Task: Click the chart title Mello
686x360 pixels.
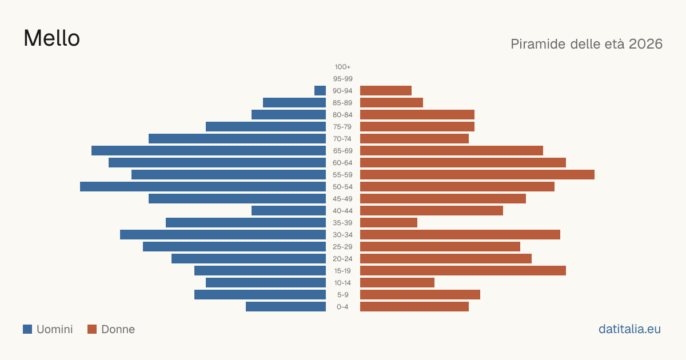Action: (x=52, y=38)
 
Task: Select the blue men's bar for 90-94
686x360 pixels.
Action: (x=320, y=91)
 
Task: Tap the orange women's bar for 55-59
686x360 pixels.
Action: (x=477, y=174)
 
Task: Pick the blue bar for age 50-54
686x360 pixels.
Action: (x=203, y=186)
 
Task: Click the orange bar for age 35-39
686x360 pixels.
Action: (x=389, y=222)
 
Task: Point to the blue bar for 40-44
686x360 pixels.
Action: (x=289, y=211)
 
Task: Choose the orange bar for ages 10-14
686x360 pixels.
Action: (x=397, y=282)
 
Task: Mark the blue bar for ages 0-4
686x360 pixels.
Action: (x=286, y=306)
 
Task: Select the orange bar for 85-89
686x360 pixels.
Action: (x=392, y=102)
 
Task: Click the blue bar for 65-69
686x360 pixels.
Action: (x=209, y=151)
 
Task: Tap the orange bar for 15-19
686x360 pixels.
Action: (x=463, y=271)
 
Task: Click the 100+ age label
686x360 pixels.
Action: (x=342, y=67)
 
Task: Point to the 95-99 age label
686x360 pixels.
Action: (x=342, y=79)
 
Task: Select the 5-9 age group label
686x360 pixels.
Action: (x=342, y=294)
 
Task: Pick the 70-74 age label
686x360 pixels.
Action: (x=342, y=139)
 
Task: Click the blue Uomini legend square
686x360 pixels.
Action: (x=27, y=329)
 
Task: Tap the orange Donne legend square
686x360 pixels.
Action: (x=92, y=329)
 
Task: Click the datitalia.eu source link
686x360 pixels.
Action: (x=629, y=329)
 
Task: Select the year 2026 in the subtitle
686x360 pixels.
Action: (x=645, y=44)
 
